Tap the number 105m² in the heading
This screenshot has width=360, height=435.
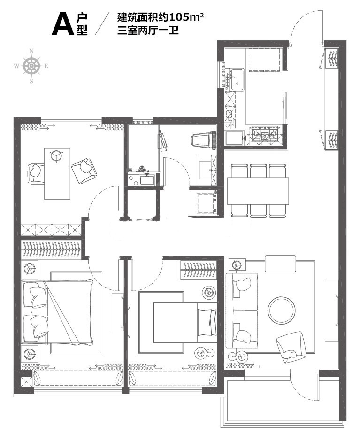(186, 18)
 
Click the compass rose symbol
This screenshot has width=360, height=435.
(31, 66)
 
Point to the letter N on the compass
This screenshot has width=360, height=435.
(31, 51)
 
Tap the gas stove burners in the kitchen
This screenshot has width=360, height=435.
(265, 135)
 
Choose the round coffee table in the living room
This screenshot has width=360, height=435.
(282, 311)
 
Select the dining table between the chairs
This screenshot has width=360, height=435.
(258, 191)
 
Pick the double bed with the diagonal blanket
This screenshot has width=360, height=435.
(58, 312)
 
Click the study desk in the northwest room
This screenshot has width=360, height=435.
(57, 174)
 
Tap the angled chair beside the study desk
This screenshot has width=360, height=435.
(84, 171)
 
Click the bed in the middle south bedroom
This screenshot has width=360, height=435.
(185, 322)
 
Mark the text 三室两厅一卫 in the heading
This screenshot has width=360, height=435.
(148, 30)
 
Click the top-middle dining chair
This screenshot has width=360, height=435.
(258, 171)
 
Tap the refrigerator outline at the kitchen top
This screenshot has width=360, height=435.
(264, 60)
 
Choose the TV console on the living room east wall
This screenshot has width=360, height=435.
(331, 311)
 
